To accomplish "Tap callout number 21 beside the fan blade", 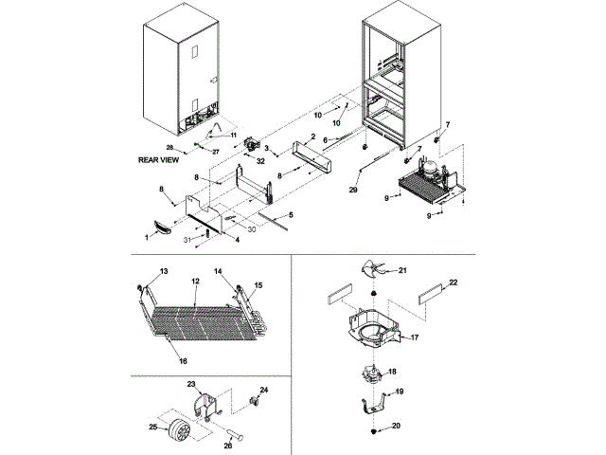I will point(401,271).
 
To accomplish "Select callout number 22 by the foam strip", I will point(453,282).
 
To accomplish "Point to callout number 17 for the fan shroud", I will point(412,336).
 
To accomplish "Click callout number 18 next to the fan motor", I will point(392,372).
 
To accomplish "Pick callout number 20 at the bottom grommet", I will point(397,426).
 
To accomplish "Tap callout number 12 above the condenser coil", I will point(193,282).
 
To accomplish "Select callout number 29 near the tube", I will point(354,191).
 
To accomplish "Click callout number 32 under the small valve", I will point(259,161).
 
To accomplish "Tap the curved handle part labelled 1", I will point(162,225).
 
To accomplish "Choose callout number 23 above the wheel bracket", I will point(191,383).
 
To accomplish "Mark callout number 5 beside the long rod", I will point(290,215).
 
